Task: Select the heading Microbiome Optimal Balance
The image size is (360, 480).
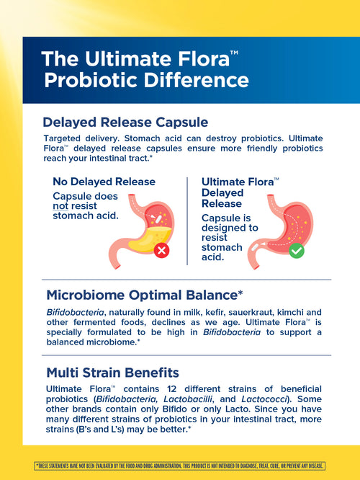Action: [144, 295]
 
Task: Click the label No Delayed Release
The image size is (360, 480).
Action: [104, 182]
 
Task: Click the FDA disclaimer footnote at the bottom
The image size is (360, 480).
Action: [180, 465]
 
